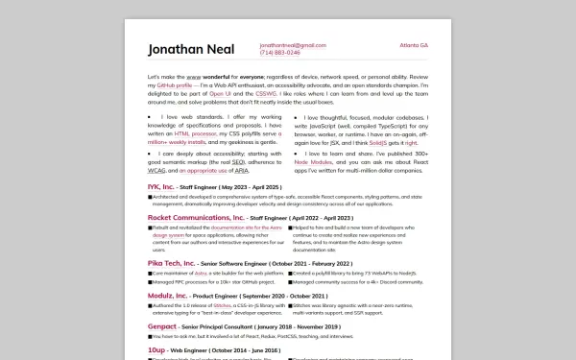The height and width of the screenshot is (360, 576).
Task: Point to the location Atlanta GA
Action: click(414, 45)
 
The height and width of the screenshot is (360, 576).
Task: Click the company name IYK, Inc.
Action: click(160, 186)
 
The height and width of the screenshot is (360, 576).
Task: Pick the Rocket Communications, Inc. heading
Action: click(196, 218)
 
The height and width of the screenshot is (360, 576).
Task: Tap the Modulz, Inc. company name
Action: click(169, 295)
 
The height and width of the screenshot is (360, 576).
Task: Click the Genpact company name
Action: click(162, 326)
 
